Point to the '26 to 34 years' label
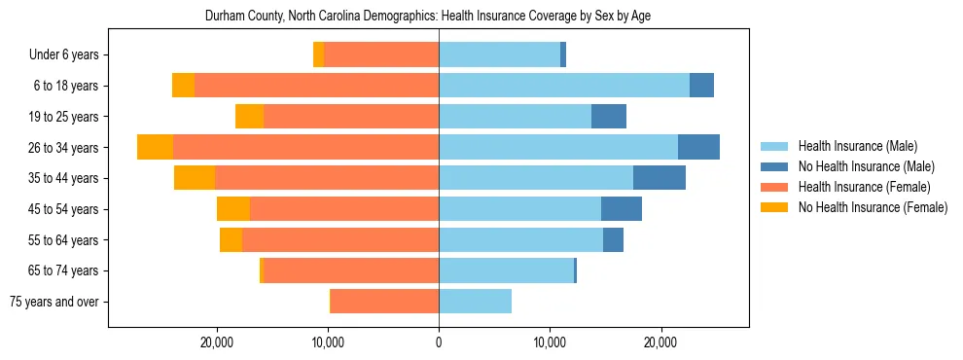coord(65,148)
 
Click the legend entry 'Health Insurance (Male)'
coord(857,146)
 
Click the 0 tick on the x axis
coord(439,342)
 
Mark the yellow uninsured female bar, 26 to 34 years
coord(155,147)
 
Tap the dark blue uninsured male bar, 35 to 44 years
coord(660,178)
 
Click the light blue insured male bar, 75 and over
coord(475,302)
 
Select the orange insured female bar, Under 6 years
coord(381,54)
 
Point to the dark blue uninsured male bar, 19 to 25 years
coord(609,117)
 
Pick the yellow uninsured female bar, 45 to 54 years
coord(233,209)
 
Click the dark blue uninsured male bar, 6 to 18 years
coord(702,86)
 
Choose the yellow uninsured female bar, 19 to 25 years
coord(250,117)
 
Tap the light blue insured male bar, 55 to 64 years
coord(520,240)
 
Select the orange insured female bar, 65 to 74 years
coord(351,270)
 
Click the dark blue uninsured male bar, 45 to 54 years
coord(622,209)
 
